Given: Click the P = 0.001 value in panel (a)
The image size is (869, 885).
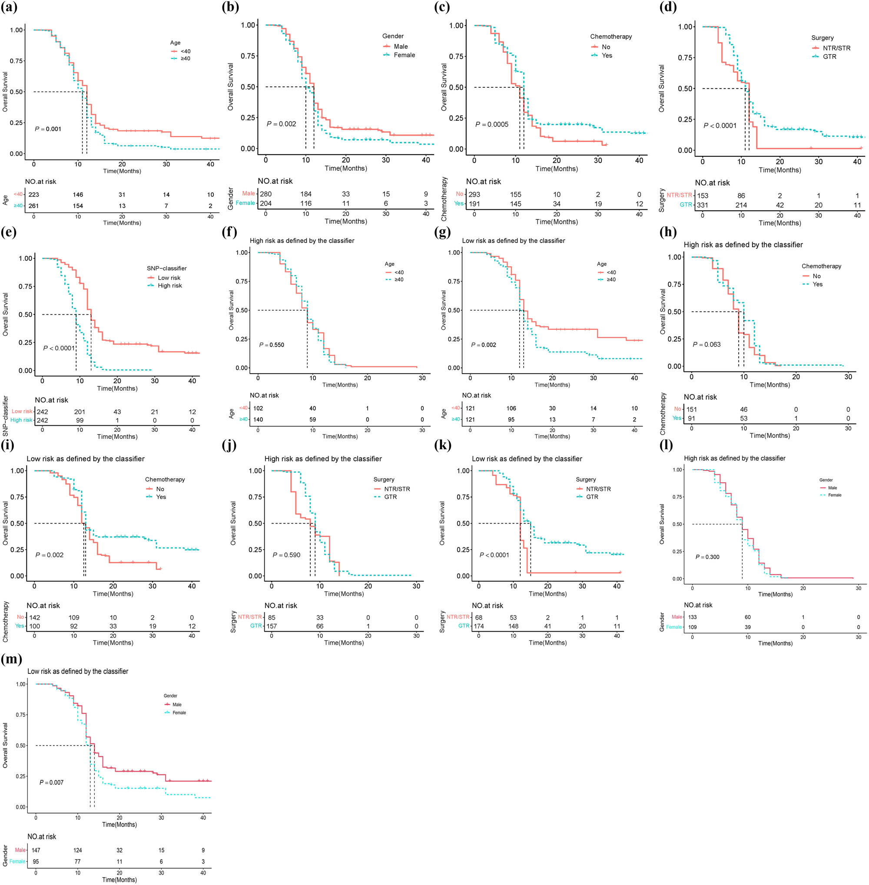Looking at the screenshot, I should (x=48, y=129).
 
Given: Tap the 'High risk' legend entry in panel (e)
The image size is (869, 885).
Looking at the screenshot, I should (x=169, y=286).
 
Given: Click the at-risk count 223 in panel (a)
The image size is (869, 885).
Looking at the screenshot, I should (x=34, y=195).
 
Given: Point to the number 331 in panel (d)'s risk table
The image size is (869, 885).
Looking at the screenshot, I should (x=703, y=205).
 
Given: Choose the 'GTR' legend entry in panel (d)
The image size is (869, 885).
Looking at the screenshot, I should (x=829, y=56).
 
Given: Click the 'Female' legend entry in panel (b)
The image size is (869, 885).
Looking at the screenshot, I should (x=405, y=55).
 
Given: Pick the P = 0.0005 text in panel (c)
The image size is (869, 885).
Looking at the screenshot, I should (x=491, y=125).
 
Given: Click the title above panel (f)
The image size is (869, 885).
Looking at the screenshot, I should (x=302, y=241).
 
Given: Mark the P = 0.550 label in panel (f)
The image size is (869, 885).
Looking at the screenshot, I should (x=272, y=345).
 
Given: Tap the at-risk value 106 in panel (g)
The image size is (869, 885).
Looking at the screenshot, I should (x=511, y=408).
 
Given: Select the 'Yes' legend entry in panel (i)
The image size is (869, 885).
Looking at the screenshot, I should (x=161, y=497).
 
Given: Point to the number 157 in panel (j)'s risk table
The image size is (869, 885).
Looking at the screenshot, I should (x=272, y=626).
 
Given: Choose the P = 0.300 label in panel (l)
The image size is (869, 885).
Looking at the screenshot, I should (x=707, y=557).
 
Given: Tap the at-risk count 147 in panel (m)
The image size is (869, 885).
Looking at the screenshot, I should (x=36, y=850).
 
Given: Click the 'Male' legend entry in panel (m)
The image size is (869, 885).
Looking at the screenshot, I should (x=177, y=705).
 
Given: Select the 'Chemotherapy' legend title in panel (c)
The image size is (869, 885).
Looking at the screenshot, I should (x=610, y=36).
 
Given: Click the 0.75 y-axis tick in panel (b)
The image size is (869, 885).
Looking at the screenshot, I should (x=248, y=56).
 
